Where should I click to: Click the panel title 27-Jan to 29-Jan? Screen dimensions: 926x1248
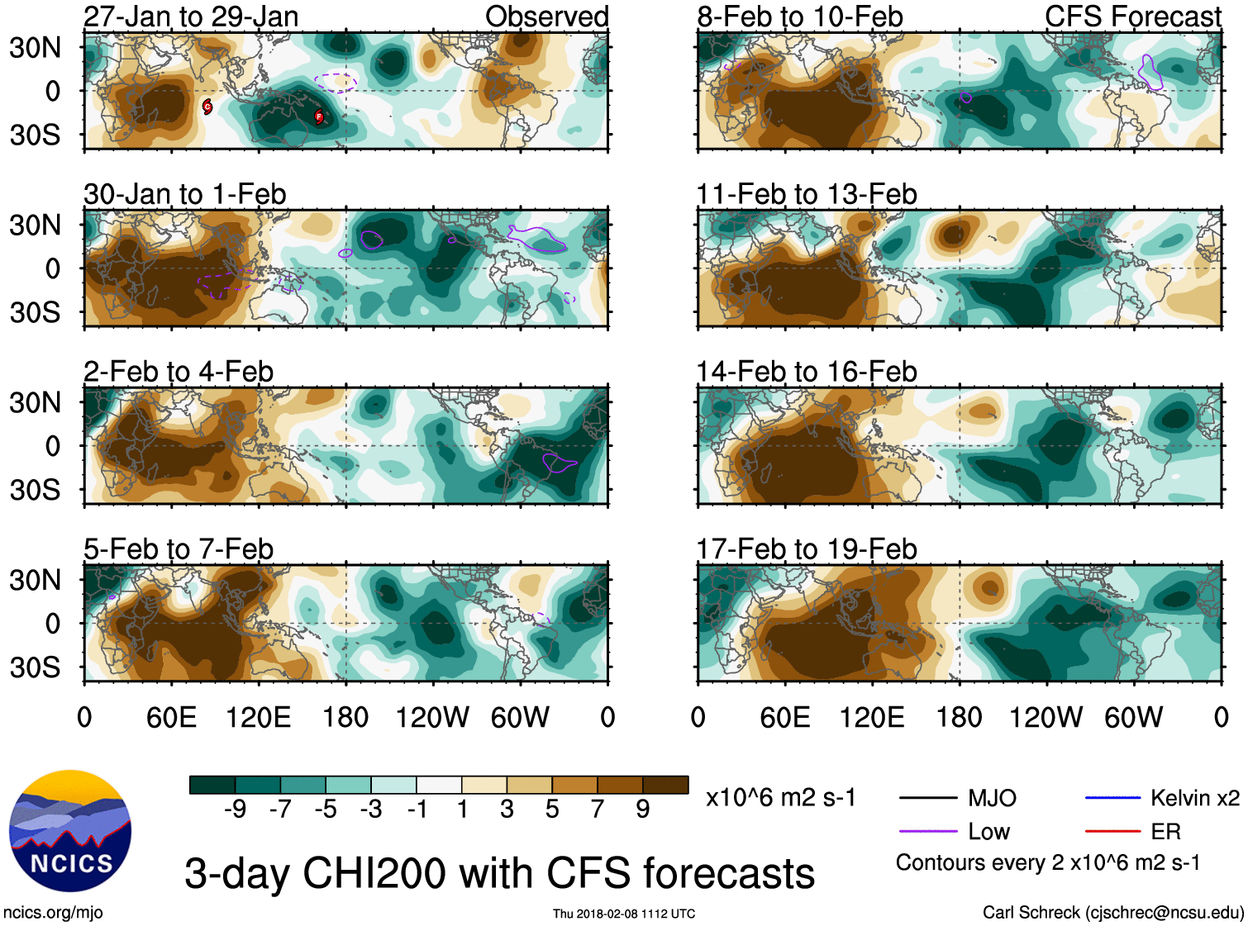point(191,17)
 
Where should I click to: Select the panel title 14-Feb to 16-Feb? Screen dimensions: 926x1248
point(806,372)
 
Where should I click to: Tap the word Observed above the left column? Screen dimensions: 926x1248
point(546,17)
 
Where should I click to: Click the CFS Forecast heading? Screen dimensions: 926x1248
point(1132,17)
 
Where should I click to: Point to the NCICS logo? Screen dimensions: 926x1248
point(69,830)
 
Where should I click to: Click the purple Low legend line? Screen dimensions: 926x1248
point(927,832)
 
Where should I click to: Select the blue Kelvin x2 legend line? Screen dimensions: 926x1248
point(1112,798)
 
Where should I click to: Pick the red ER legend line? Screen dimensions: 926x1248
point(1112,832)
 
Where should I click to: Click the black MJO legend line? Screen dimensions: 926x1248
point(927,798)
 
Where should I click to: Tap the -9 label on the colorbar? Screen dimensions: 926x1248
point(235,810)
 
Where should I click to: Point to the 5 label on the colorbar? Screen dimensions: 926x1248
point(552,810)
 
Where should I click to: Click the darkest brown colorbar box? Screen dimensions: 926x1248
point(665,785)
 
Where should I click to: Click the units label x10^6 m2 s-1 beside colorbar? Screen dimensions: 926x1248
point(780,798)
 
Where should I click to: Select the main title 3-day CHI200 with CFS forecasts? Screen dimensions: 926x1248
point(499,873)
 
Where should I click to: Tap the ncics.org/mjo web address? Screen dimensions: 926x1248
point(53,912)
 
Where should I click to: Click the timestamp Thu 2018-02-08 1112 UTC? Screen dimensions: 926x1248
point(624,914)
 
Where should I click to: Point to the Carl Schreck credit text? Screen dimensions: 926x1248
point(1112,912)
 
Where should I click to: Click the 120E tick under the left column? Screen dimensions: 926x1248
point(259,717)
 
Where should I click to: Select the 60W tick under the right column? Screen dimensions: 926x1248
point(1133,717)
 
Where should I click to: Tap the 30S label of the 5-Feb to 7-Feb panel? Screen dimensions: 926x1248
point(36,667)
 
